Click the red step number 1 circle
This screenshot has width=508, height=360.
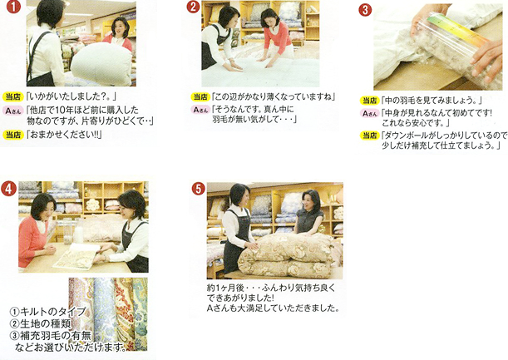coord(13,7)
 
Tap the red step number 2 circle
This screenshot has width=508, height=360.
coord(193,7)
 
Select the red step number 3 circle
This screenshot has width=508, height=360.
coord(365,10)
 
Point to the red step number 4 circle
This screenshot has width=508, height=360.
coord(8,189)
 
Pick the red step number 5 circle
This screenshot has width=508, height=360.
coord(198,189)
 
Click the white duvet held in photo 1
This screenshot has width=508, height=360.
coord(101,63)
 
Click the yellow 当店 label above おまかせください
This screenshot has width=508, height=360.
coord(13,135)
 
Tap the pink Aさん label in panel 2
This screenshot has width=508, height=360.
coord(200,110)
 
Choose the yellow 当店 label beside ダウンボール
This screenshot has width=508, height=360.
coord(370,136)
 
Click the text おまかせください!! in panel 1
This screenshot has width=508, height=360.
coord(64,135)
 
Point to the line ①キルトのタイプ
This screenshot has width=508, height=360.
coord(47,312)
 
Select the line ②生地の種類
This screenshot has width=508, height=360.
coord(41,323)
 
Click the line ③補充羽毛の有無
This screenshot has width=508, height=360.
coord(51,335)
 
